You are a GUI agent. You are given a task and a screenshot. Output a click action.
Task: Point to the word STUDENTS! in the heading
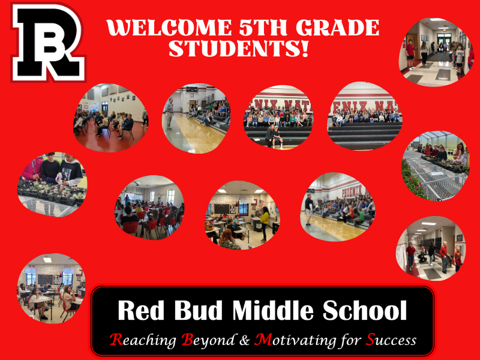[x=238, y=49]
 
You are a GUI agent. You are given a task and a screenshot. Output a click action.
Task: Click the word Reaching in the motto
[x=143, y=340]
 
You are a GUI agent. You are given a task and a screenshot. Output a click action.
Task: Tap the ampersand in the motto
[x=244, y=340]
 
